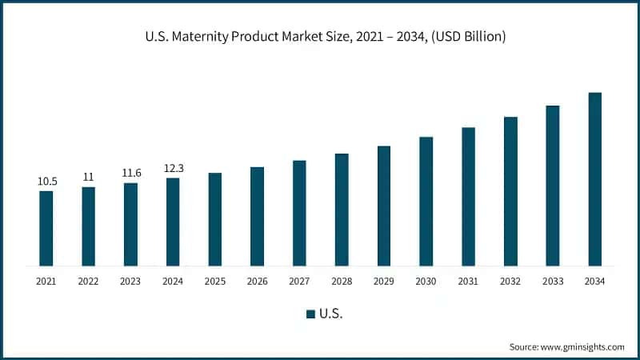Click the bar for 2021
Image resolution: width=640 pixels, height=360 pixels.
(x=46, y=228)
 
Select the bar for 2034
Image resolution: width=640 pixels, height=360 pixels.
(x=594, y=179)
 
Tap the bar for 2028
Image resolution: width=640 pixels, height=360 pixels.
(x=342, y=210)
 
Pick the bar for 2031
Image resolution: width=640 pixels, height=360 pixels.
(x=468, y=196)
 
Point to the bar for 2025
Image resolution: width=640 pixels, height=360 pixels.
(x=215, y=219)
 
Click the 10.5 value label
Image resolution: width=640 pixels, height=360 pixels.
(x=46, y=182)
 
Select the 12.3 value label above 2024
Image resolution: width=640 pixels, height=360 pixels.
(x=173, y=169)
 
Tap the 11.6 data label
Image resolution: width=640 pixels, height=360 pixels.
(x=130, y=174)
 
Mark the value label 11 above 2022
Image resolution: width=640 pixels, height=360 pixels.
(x=89, y=178)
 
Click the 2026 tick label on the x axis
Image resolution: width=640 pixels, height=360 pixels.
(x=257, y=281)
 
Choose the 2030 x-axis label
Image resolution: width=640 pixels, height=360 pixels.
(x=426, y=281)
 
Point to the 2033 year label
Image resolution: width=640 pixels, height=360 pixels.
(x=552, y=281)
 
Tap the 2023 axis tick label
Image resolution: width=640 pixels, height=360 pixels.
(x=130, y=281)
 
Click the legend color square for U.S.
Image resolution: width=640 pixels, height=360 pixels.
(x=310, y=314)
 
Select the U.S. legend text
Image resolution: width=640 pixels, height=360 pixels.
(x=331, y=314)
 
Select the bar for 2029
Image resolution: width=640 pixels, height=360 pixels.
(x=384, y=206)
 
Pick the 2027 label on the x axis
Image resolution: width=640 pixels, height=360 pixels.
(x=299, y=281)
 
